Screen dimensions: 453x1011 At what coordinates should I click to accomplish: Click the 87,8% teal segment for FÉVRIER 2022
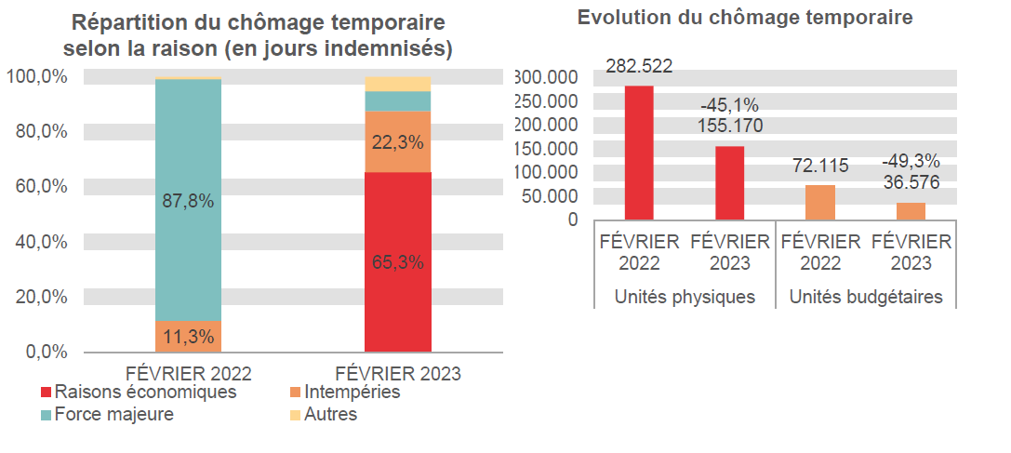[188, 200]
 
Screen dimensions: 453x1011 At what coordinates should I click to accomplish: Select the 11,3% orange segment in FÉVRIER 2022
[188, 337]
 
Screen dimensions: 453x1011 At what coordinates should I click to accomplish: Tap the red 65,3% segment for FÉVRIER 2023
[397, 262]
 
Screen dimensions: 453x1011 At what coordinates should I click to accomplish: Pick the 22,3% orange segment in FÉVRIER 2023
[397, 142]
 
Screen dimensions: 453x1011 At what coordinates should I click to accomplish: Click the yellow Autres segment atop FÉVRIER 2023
[397, 84]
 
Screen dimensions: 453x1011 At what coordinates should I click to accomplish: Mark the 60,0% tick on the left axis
[42, 186]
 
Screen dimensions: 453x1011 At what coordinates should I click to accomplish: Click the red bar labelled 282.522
[639, 153]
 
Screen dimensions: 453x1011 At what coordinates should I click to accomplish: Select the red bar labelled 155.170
[730, 182]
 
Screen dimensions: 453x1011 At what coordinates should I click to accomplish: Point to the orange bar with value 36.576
[911, 210]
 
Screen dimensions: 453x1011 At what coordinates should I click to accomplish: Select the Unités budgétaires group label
[866, 298]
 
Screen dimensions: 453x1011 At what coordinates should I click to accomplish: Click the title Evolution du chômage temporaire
[745, 18]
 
